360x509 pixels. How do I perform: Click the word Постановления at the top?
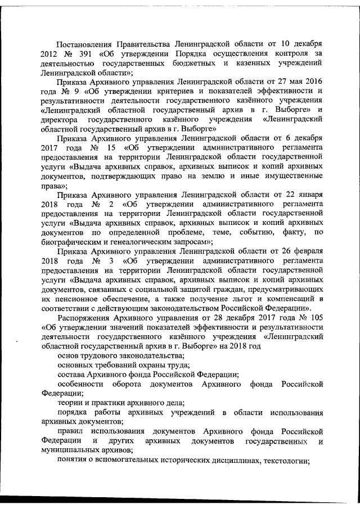(87, 44)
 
